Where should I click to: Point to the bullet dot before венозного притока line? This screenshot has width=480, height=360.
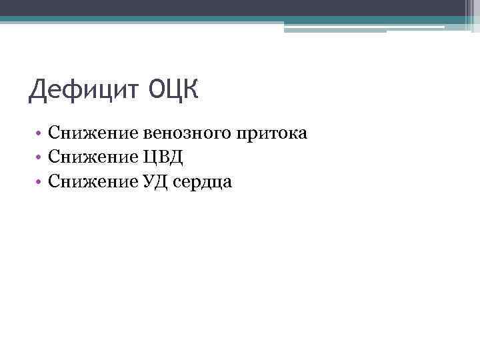point(41,134)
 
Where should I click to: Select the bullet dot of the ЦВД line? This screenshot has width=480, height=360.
point(41,157)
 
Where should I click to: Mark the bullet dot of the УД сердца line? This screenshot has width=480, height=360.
point(41,181)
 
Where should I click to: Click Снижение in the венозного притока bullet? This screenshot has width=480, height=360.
point(93,133)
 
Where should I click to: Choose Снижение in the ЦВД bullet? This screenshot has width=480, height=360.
point(93,157)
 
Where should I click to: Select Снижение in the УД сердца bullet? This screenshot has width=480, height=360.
point(93,180)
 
